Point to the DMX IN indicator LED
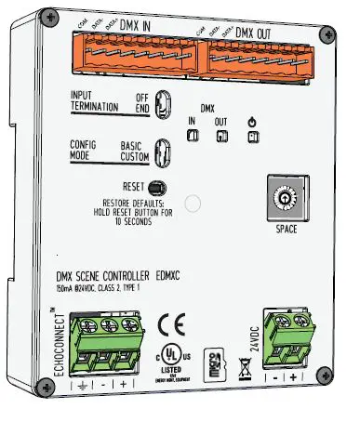(193, 137)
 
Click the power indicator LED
(253, 137)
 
